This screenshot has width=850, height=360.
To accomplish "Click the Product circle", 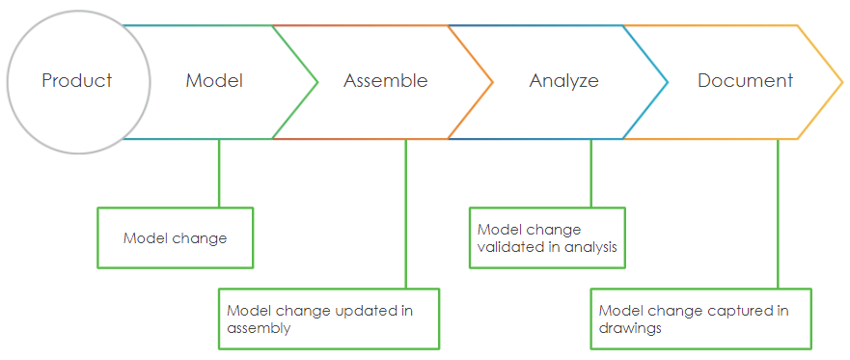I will (78, 81).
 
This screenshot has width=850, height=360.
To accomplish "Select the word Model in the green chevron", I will (214, 81).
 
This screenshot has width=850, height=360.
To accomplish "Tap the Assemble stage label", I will (385, 81).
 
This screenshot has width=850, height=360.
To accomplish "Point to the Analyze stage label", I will (563, 81).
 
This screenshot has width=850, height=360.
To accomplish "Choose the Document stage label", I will (745, 81).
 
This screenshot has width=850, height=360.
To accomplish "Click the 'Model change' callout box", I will (175, 237).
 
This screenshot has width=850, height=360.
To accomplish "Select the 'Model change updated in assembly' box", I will (328, 318).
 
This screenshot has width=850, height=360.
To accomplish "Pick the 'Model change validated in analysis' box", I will (546, 237).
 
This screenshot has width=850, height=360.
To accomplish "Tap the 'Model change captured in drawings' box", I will (699, 318).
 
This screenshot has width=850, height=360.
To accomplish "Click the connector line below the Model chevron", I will (218, 174).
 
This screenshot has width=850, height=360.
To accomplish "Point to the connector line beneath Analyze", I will (590, 174).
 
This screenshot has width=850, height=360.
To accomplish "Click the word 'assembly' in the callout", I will (258, 328).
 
